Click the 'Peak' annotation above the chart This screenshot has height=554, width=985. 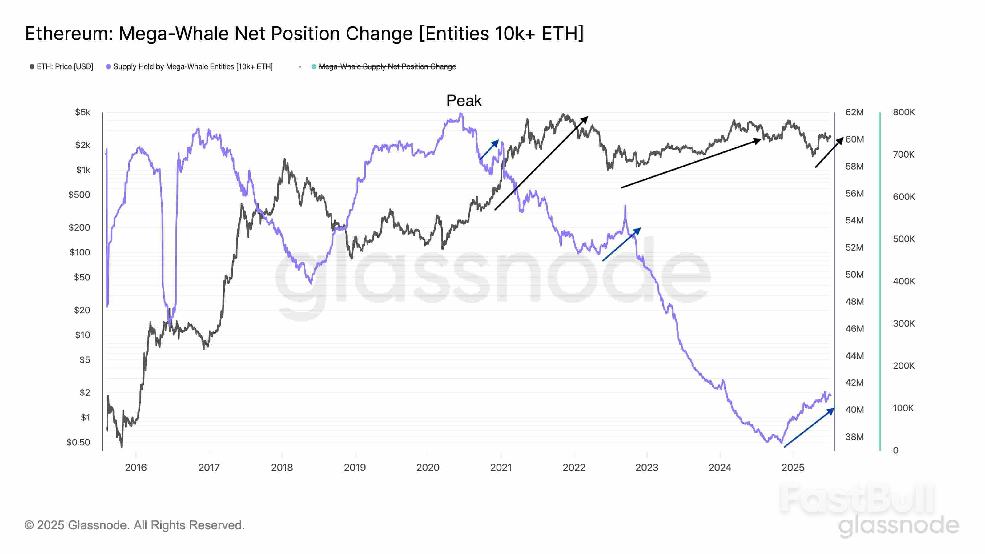464,101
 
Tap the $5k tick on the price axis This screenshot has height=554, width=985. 82,112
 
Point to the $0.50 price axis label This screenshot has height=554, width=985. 78,442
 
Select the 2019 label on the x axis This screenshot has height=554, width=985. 355,467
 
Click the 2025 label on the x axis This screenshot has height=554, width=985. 793,467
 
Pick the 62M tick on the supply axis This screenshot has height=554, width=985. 854,112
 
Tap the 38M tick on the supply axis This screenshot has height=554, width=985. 854,437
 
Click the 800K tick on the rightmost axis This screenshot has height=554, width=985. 903,112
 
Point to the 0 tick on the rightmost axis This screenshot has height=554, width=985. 895,450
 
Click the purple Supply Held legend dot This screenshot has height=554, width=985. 108,66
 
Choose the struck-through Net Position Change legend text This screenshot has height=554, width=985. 387,66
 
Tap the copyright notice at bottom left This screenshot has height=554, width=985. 134,525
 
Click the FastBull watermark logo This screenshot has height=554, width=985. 857,499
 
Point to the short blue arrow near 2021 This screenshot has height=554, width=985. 489,150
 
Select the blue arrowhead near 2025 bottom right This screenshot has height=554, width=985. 831,411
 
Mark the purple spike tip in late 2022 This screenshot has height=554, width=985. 625,206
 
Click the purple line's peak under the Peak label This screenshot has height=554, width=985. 461,114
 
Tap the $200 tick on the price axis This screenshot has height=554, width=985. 79,227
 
